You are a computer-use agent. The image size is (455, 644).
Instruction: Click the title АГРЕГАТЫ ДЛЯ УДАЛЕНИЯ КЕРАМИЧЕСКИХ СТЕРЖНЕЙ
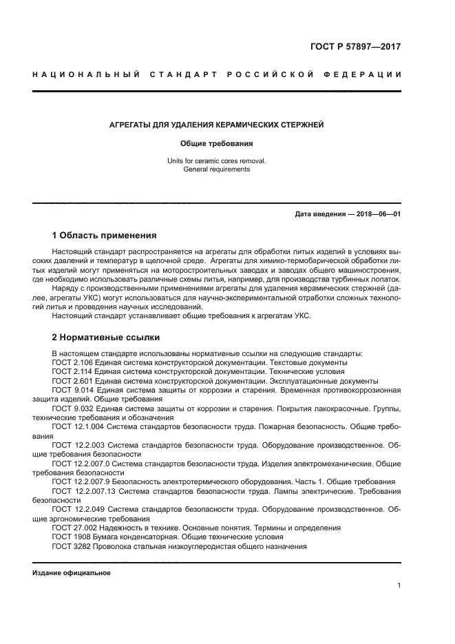pyautogui.click(x=217, y=125)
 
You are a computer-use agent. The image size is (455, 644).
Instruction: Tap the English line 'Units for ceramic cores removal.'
pyautogui.click(x=217, y=160)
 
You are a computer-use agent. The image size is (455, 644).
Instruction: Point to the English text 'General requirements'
pyautogui.click(x=217, y=169)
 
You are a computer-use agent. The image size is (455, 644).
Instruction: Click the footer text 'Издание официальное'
pyautogui.click(x=72, y=573)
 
